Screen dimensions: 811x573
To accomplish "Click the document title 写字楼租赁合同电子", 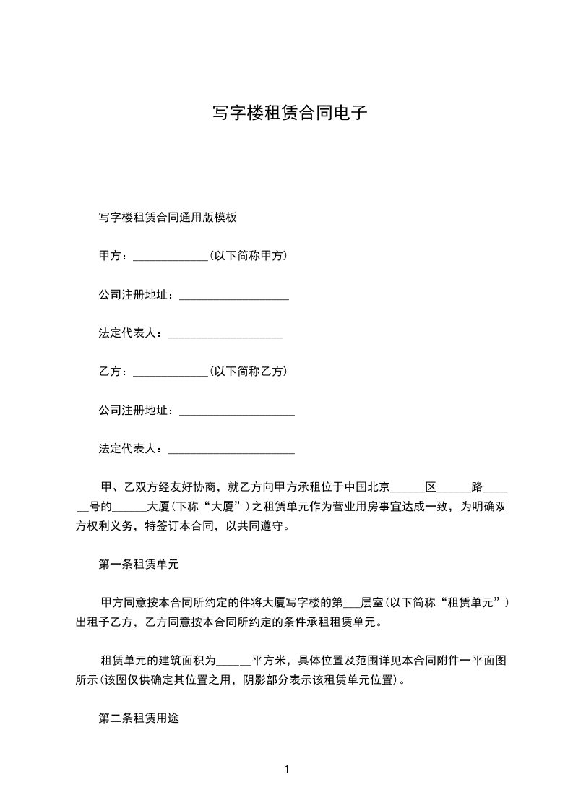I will [x=286, y=113].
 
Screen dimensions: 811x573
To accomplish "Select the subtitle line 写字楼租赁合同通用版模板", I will [x=168, y=217].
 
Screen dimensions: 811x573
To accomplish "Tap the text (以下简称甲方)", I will [x=248, y=256].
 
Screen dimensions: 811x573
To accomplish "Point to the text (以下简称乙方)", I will [x=248, y=372].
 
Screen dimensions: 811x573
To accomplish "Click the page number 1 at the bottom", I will [x=287, y=769].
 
